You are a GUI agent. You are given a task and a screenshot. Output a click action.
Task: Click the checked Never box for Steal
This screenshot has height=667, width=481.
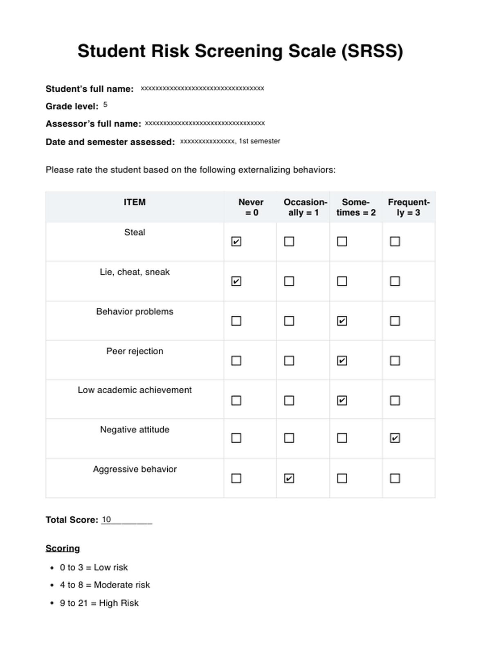point(236,241)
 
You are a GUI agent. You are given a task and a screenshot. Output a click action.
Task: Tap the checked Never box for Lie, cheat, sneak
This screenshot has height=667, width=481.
point(236,281)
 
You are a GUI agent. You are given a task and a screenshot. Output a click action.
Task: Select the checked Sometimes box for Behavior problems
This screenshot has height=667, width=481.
point(342,321)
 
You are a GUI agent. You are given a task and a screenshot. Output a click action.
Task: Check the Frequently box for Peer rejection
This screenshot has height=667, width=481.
point(395,361)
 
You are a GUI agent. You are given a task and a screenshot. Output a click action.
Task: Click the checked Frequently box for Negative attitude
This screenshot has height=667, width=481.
point(395,438)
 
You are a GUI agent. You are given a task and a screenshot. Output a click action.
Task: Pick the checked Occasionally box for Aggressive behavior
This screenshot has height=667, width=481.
point(289,478)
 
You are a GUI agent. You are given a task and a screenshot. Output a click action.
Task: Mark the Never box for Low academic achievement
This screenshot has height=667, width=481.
point(236,400)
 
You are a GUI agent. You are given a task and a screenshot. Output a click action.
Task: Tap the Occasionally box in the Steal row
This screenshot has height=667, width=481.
point(289,241)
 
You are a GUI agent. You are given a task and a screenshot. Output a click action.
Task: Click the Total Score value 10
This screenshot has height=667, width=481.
point(106,519)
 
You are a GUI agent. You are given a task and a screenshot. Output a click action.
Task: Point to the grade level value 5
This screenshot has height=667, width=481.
point(105,105)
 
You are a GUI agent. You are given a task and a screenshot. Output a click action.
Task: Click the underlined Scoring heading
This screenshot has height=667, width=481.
point(63,548)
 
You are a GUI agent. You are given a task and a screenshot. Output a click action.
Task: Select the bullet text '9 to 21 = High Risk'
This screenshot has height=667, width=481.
point(99,603)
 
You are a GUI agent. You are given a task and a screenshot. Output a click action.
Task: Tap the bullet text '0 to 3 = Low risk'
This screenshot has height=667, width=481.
point(94,567)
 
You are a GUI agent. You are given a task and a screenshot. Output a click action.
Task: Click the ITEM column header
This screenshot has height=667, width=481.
point(135,202)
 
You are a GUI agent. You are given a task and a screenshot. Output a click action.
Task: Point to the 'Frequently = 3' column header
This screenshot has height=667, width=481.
point(409,207)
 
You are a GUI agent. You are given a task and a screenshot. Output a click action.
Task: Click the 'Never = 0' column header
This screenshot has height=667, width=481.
point(251,207)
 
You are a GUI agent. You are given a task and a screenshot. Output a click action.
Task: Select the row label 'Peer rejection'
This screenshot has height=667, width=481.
point(135,351)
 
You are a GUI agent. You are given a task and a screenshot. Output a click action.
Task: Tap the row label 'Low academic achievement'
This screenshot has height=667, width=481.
point(135,390)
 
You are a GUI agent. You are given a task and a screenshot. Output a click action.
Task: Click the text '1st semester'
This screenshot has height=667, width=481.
point(260,141)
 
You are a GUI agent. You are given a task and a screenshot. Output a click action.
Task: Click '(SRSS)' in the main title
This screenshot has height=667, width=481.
point(372,51)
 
